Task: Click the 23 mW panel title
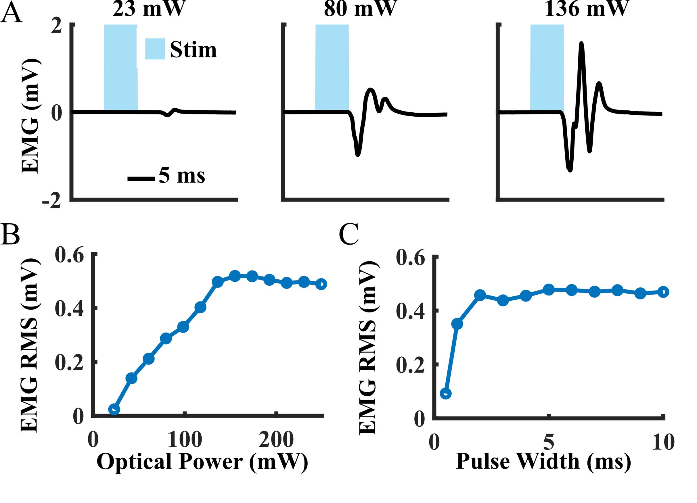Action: [149, 9]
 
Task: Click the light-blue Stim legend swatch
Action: [155, 49]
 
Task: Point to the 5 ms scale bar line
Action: [141, 178]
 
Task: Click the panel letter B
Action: [10, 234]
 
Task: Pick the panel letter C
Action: [349, 234]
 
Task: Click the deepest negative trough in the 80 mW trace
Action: [357, 155]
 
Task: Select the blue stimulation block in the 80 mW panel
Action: [332, 68]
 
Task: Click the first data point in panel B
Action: [114, 410]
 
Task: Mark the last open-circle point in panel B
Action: [321, 284]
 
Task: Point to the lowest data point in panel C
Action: [446, 393]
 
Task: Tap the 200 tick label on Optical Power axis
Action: [276, 440]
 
